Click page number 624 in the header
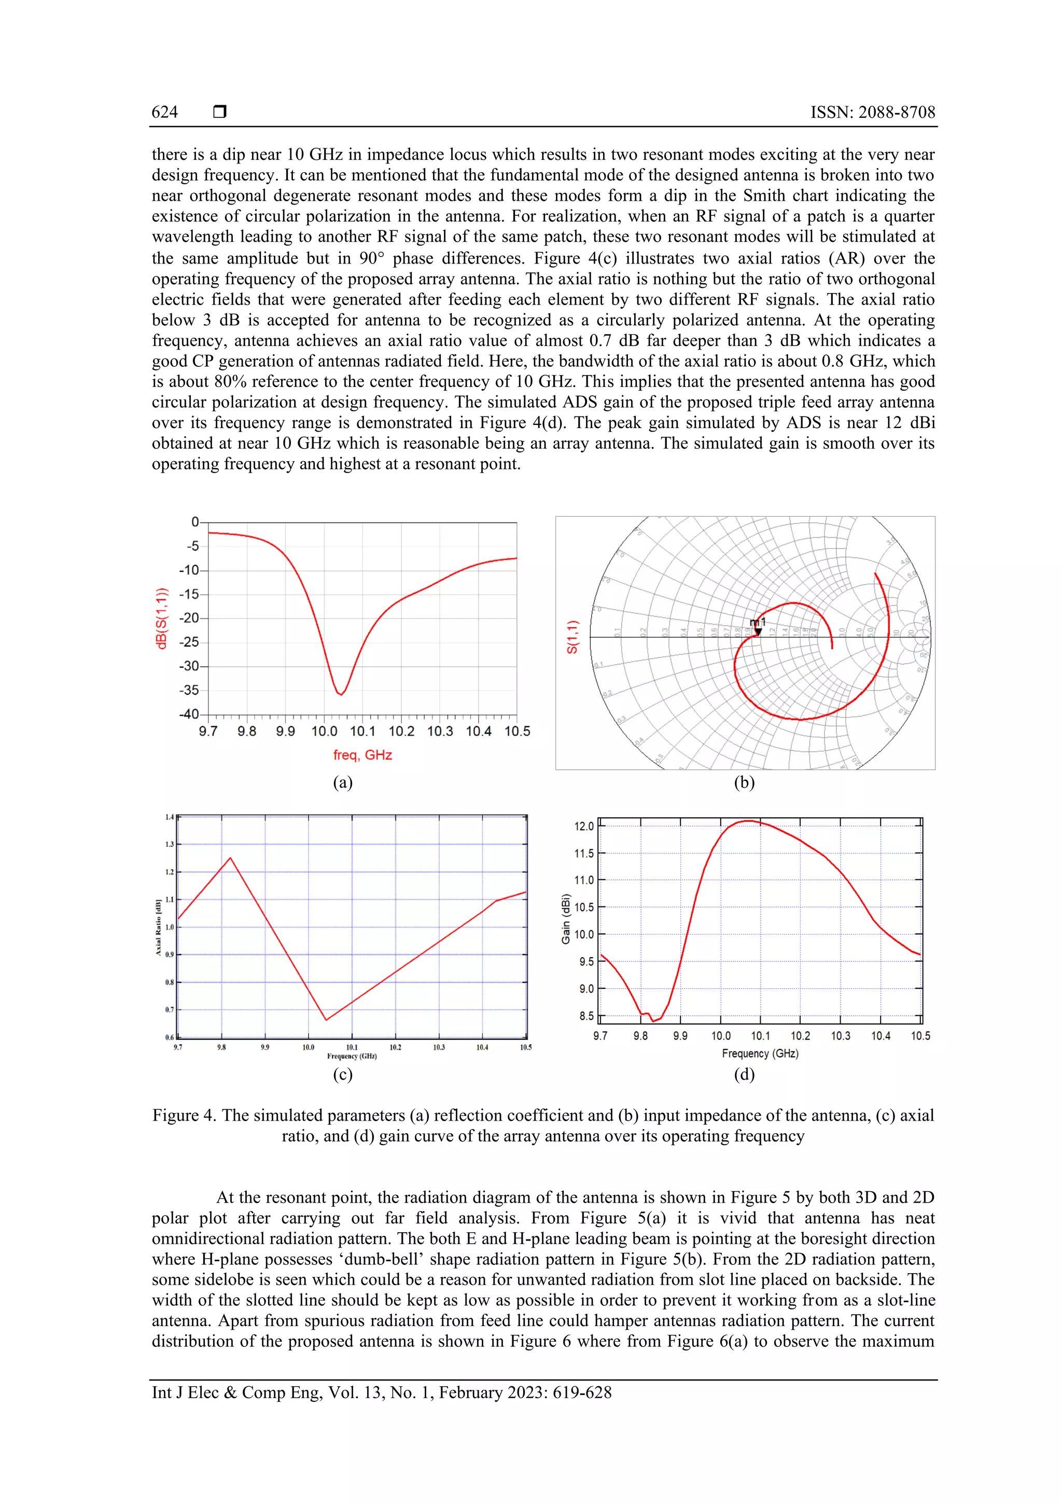[164, 112]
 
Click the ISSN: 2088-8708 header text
[872, 112]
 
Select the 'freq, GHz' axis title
[362, 755]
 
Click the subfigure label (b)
[744, 782]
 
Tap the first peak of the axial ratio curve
[230, 858]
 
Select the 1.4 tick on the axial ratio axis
[170, 817]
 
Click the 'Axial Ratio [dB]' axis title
[158, 927]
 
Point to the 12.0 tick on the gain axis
[584, 826]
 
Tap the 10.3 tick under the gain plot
[840, 1036]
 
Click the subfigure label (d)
[744, 1074]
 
